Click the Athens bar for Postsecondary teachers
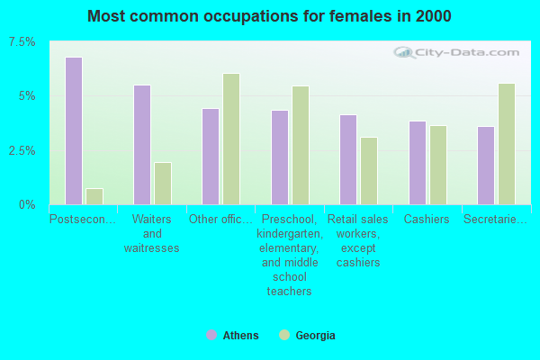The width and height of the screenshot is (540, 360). [x=74, y=130]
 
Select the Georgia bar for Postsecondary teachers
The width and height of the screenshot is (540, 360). [x=94, y=196]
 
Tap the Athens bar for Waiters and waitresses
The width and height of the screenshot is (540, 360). [x=142, y=145]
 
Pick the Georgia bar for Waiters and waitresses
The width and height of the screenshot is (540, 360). [x=163, y=184]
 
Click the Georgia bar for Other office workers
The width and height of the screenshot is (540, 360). [x=231, y=139]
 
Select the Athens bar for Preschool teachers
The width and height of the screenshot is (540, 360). [x=280, y=157]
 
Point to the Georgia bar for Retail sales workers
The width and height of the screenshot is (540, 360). [x=369, y=171]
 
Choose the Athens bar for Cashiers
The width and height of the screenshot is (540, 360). [x=418, y=163]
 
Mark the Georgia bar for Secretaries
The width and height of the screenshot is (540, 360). [x=507, y=144]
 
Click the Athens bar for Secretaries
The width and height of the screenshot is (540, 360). [x=486, y=166]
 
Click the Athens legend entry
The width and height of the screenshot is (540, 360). [x=232, y=336]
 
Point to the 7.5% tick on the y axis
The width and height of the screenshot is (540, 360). [x=22, y=42]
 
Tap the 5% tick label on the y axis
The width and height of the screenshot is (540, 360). [x=27, y=96]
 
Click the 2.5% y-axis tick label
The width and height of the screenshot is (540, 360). [x=22, y=150]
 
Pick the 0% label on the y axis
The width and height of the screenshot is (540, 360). [x=27, y=204]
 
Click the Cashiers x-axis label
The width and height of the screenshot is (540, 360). [x=427, y=220]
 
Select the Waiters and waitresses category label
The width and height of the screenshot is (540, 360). [x=152, y=233]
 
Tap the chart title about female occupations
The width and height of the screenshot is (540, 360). [x=270, y=16]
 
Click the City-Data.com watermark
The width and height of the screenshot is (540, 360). [x=459, y=55]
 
